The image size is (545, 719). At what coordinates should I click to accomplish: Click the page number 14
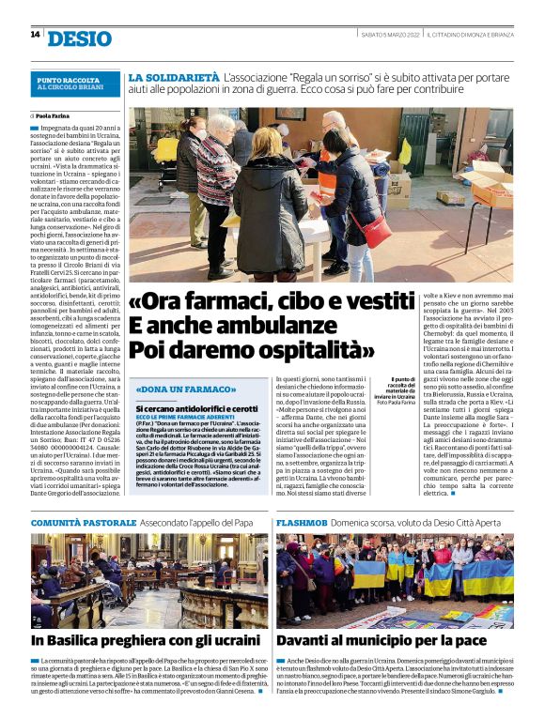click(x=35, y=35)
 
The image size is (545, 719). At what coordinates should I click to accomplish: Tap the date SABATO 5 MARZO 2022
click(x=390, y=35)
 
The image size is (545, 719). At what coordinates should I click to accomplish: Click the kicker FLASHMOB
click(x=303, y=522)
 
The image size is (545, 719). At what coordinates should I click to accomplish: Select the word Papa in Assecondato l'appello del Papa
click(x=243, y=522)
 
